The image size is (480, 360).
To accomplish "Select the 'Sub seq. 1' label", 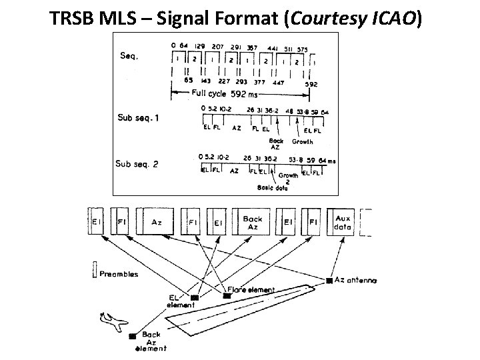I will [139, 118].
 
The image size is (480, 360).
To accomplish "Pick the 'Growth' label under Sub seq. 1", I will [303, 141].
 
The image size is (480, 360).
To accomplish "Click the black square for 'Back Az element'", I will [133, 336].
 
